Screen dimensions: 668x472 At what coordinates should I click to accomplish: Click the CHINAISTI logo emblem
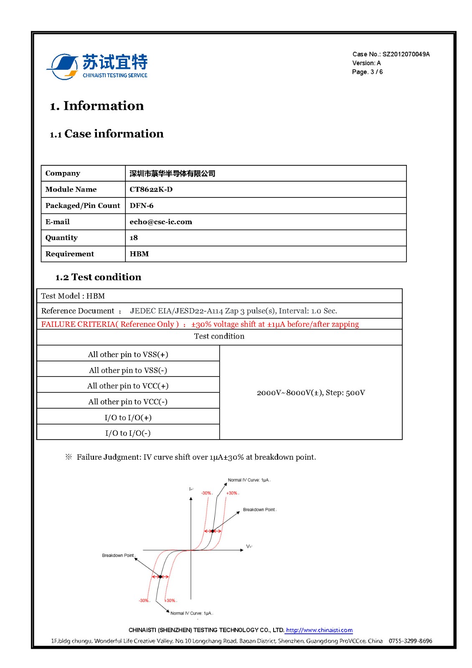pyautogui.click(x=63, y=66)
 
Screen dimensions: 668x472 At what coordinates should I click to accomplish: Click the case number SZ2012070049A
pyautogui.click(x=406, y=54)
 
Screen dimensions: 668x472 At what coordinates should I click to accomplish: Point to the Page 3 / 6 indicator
pyautogui.click(x=367, y=72)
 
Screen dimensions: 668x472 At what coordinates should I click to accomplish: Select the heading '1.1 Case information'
pyautogui.click(x=107, y=134)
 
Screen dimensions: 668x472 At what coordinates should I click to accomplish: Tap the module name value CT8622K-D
pyautogui.click(x=151, y=189)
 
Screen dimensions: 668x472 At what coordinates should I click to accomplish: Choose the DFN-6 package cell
pyautogui.click(x=142, y=205)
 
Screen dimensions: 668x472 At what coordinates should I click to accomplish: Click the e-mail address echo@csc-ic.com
pyautogui.click(x=161, y=222)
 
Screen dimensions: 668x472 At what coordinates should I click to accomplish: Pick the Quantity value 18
pyautogui.click(x=134, y=238)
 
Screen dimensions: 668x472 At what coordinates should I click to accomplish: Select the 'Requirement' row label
pyautogui.click(x=70, y=254)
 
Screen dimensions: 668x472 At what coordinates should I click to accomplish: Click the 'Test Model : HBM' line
pyautogui.click(x=73, y=296)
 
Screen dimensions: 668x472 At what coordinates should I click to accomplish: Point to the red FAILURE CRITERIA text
pyautogui.click(x=200, y=324)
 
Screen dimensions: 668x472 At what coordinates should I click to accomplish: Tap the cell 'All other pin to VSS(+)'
pyautogui.click(x=128, y=354)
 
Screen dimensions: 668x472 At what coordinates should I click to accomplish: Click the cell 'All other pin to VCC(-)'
pyautogui.click(x=128, y=402)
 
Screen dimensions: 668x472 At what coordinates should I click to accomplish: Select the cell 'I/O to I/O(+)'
pyautogui.click(x=128, y=417)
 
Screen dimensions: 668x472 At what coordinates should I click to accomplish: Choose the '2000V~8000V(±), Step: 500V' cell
pyautogui.click(x=311, y=392)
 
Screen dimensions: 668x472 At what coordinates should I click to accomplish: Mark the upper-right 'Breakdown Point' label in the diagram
pyautogui.click(x=259, y=510)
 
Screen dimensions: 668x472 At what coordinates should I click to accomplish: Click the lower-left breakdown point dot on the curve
pyautogui.click(x=160, y=577)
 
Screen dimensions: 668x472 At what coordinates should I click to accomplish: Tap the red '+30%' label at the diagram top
pyautogui.click(x=232, y=493)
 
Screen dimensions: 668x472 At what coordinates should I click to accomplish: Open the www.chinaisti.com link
pyautogui.click(x=319, y=630)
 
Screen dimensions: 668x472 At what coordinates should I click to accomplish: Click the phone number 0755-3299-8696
pyautogui.click(x=410, y=641)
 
